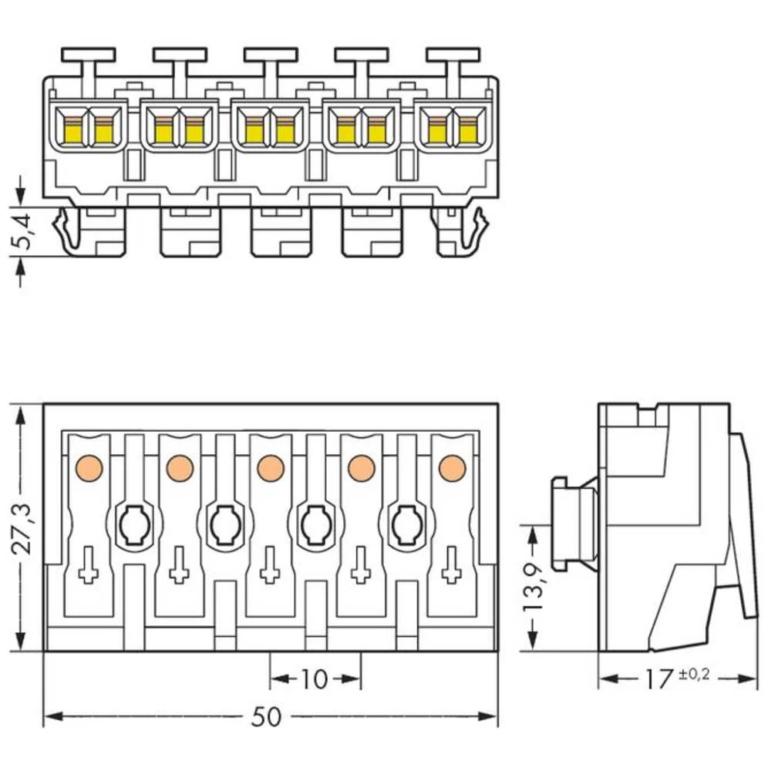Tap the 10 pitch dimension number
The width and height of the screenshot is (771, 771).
314,679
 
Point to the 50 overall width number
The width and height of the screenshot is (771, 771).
267,717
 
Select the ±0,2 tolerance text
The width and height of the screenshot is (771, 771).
693,675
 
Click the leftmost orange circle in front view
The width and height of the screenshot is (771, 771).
89,467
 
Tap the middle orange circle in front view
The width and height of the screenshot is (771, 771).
270,467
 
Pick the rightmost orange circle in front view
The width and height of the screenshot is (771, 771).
452,467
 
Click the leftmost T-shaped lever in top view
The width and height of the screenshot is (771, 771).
88,56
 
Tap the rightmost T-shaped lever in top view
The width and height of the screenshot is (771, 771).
453,56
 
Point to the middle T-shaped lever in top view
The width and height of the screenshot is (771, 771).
271,56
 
